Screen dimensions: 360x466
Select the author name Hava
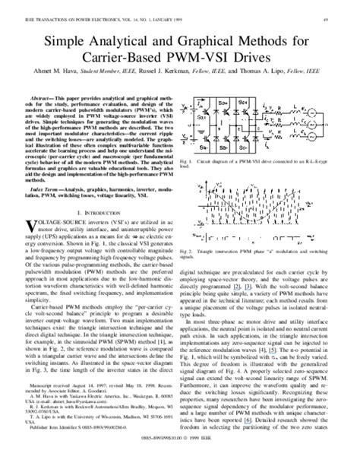(x=69, y=71)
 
